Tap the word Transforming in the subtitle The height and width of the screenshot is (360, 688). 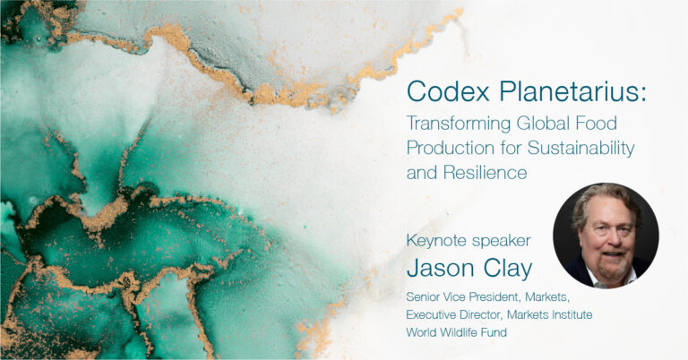coord(458,124)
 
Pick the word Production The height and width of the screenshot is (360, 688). coord(451,148)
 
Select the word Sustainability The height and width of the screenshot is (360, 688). coord(581,149)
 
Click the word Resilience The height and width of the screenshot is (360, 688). coord(485,172)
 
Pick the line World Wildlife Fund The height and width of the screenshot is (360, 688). coord(456,332)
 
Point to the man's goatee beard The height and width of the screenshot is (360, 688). coord(611,265)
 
